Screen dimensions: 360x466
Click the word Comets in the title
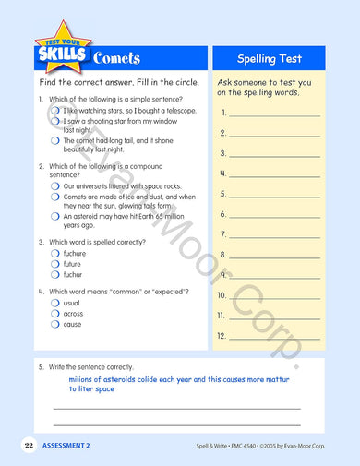coord(116,58)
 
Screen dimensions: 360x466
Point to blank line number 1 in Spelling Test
coord(274,115)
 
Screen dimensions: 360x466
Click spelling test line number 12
coord(274,339)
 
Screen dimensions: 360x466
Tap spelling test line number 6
coord(274,217)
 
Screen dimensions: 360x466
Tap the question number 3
coord(41,241)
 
